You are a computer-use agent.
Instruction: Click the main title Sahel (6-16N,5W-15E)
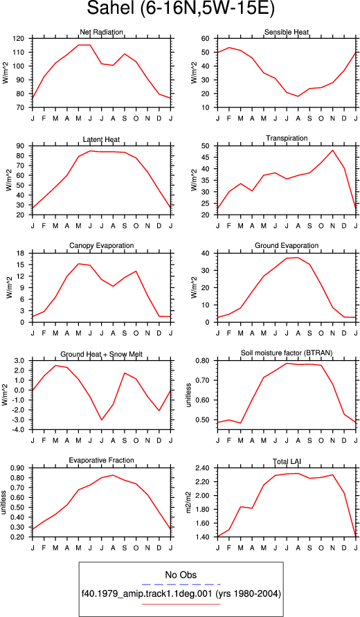point(180,9)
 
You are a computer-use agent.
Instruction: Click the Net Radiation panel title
point(101,32)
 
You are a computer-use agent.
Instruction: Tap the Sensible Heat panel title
point(287,32)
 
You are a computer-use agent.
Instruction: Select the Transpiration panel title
point(287,138)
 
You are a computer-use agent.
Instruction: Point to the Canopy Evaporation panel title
point(102,246)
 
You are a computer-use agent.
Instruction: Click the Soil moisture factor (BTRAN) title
point(287,353)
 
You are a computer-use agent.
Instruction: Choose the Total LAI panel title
point(287,460)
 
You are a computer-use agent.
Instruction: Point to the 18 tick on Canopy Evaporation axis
point(22,253)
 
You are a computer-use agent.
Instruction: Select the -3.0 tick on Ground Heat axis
point(21,420)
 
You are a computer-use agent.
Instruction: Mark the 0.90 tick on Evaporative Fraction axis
point(21,468)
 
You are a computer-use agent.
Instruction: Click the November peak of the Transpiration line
point(333,150)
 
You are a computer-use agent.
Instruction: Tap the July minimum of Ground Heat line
point(102,420)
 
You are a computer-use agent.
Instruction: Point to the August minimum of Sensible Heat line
point(298,96)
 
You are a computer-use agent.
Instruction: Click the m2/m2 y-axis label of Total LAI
point(189,503)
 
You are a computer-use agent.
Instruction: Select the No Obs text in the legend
point(181,575)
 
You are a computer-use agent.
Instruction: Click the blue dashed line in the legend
point(181,584)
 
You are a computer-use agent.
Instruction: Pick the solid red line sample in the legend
point(181,604)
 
